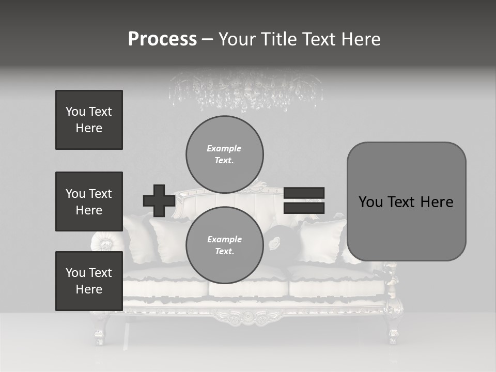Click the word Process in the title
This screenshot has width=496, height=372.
162,39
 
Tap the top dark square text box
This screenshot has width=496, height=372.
89,120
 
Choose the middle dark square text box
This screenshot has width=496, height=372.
89,202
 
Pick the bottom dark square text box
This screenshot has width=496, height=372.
89,281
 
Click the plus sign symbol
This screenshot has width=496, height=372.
159,200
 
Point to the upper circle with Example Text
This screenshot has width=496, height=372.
224,154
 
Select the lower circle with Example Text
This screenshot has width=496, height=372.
224,245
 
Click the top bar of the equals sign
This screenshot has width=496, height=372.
304,193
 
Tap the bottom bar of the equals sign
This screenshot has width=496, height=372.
304,208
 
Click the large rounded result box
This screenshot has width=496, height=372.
406,202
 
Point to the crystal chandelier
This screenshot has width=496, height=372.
246,91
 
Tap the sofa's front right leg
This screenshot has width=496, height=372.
394,331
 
